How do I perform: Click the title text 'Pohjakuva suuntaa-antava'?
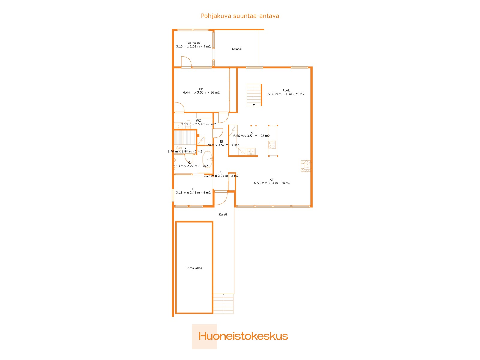(240, 16)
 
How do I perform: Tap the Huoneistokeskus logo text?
(243, 336)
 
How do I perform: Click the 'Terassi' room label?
(236, 49)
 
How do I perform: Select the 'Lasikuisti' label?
(193, 43)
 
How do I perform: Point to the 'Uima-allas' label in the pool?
(194, 268)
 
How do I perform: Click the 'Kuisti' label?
(223, 214)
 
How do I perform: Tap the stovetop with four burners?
(272, 145)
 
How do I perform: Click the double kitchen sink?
(251, 151)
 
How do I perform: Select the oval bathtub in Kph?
(207, 159)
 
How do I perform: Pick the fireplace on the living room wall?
(306, 166)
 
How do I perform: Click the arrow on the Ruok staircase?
(254, 105)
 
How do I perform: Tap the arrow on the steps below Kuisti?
(223, 295)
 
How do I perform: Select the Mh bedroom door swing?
(179, 107)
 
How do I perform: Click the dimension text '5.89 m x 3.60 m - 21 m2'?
(286, 94)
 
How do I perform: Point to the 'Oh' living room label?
(272, 180)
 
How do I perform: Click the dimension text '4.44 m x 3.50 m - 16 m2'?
(201, 93)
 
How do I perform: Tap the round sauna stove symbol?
(179, 148)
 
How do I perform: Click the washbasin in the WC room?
(178, 125)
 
